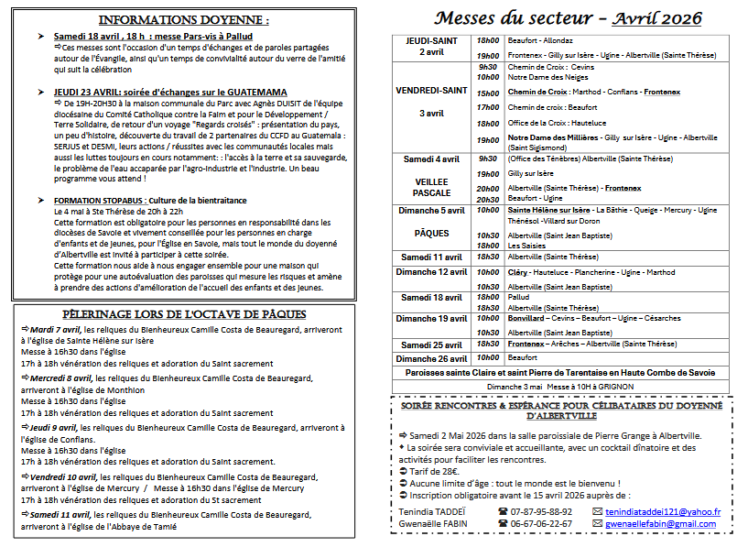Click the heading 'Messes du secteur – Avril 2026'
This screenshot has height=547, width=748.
(x=568, y=18)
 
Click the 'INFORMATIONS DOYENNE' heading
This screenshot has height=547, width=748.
(x=184, y=19)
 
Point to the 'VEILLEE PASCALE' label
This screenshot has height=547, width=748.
(x=432, y=187)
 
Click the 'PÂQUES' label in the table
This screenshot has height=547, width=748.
(x=432, y=233)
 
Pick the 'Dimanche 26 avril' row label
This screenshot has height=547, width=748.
(x=432, y=358)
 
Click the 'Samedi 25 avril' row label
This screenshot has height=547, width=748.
(x=432, y=345)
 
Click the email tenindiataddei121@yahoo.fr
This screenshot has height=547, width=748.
(x=663, y=511)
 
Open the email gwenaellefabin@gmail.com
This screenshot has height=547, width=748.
(x=660, y=523)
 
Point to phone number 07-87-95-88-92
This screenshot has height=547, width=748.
(x=542, y=511)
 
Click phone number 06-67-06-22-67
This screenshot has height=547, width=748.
(x=542, y=523)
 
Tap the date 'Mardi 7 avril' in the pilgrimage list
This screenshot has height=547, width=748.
(x=56, y=328)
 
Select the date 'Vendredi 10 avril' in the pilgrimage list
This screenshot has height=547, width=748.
(x=61, y=477)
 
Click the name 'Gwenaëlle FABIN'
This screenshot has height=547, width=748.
(x=436, y=523)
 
